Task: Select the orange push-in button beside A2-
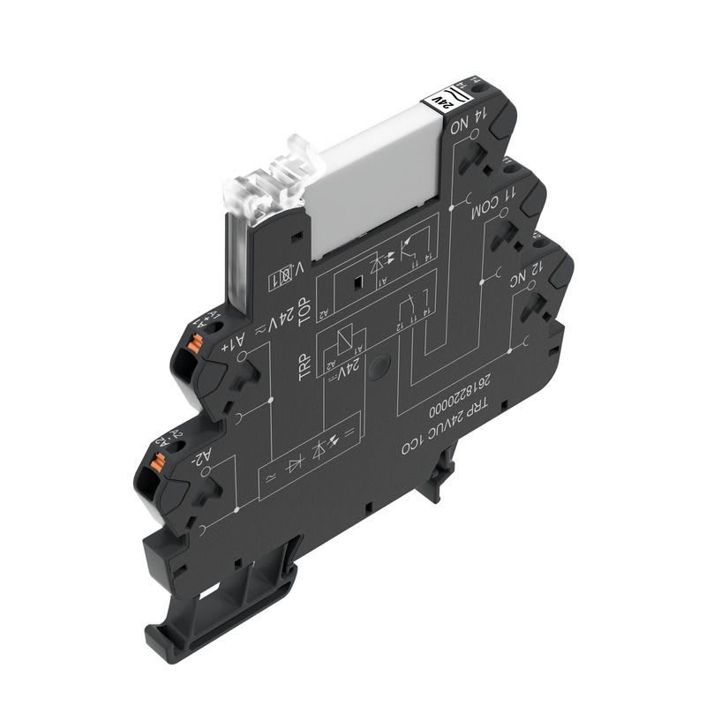(158, 462)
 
